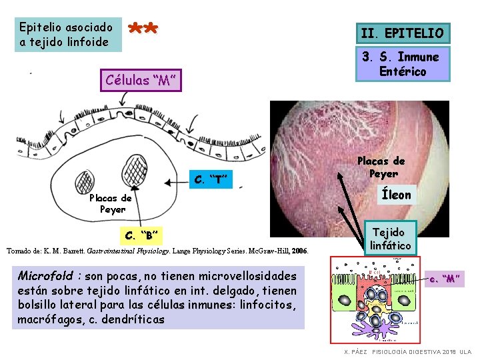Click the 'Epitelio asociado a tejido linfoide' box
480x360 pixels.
(68, 35)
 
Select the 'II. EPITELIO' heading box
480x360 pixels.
(401, 33)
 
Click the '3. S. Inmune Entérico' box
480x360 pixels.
(401, 65)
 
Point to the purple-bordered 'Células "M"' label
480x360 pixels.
(141, 81)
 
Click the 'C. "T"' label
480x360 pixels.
(211, 179)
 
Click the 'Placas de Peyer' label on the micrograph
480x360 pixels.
(381, 167)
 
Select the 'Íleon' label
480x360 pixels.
(396, 195)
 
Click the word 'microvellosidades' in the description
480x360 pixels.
(247, 276)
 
